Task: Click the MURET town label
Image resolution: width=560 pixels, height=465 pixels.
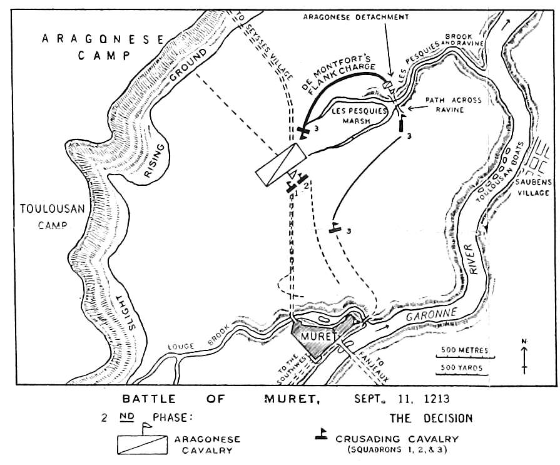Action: (x=318, y=337)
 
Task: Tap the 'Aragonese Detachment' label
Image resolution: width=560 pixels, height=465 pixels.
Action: (x=356, y=17)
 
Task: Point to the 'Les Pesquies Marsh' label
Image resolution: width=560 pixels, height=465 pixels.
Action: (x=359, y=116)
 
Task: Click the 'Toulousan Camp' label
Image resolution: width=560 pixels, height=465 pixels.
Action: (x=52, y=217)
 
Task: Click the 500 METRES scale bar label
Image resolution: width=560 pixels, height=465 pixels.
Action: (x=464, y=350)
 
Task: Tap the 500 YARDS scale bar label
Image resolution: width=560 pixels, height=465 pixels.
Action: (x=462, y=367)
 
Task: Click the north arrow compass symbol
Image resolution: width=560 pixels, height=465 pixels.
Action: (x=524, y=357)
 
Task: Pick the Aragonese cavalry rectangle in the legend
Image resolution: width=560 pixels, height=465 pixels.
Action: (x=142, y=444)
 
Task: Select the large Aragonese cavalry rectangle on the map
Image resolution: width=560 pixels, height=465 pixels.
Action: (x=281, y=165)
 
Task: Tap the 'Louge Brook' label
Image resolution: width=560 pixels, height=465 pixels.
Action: (x=198, y=340)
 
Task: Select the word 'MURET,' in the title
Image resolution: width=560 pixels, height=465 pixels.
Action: (x=292, y=399)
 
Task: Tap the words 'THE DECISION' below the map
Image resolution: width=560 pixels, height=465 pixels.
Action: (x=431, y=418)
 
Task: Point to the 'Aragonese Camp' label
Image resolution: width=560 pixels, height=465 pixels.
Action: (x=103, y=47)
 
